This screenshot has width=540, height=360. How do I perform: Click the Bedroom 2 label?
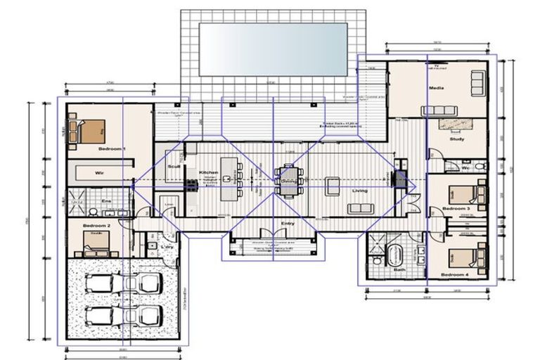click(94, 226)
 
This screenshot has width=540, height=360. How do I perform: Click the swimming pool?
click(273, 49)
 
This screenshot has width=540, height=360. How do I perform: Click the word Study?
click(456, 139)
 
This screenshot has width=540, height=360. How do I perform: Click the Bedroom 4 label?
click(454, 274)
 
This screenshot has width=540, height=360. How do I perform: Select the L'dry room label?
click(168, 247)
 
